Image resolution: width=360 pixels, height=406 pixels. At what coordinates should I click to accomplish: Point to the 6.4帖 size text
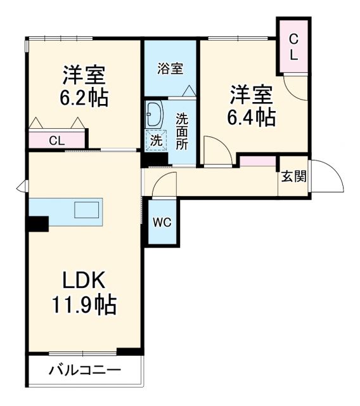tap(252, 117)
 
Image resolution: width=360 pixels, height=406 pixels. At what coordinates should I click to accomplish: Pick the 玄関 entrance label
tap(293, 176)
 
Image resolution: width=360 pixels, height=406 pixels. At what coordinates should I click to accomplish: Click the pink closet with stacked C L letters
tap(293, 46)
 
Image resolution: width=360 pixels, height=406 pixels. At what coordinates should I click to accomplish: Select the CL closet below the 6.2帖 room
tap(57, 140)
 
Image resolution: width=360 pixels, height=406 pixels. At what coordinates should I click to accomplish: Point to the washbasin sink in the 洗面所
tap(154, 115)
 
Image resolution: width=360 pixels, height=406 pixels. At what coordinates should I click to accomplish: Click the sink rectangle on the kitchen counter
tap(87, 210)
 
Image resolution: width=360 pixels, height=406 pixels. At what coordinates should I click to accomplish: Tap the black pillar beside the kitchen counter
tap(37, 224)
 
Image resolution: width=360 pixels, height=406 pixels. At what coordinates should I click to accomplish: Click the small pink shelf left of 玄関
tap(258, 161)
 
